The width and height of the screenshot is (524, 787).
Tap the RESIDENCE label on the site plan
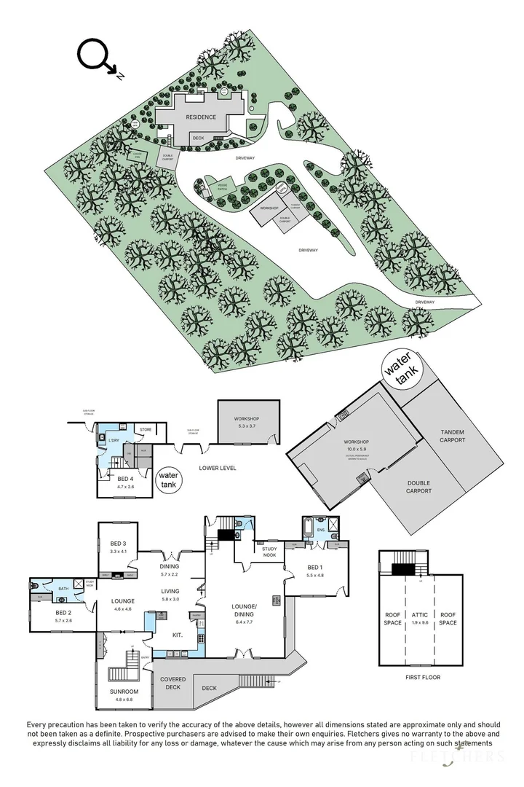pos(200,117)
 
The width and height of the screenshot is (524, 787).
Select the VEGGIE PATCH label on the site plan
pos(223,187)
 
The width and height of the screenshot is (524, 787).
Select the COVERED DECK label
pos(174,684)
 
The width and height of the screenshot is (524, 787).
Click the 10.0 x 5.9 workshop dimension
pos(357,449)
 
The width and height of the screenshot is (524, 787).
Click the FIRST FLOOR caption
pos(422,677)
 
